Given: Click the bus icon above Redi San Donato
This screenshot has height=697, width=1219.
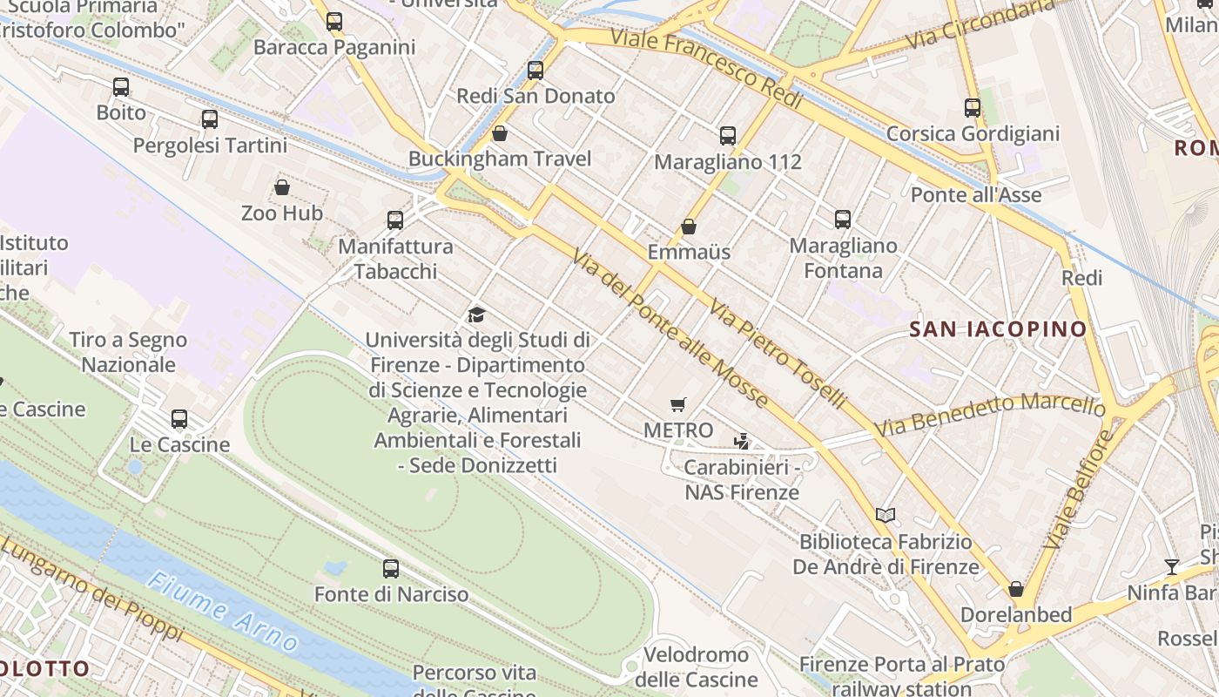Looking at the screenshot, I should click(x=535, y=71).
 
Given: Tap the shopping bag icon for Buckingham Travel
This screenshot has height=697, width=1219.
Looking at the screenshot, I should click(x=500, y=133).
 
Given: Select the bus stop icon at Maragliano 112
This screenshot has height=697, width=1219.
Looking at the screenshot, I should click(x=728, y=136).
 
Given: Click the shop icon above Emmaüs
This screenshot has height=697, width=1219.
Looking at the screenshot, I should click(x=689, y=227).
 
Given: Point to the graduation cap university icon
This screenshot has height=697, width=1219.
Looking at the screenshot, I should click(x=476, y=315).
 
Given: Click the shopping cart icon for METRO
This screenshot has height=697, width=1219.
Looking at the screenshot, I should click(x=678, y=404).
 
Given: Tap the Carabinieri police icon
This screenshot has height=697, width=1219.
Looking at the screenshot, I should click(x=742, y=441).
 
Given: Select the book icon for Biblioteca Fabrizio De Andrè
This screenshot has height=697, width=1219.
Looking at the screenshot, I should click(x=886, y=516).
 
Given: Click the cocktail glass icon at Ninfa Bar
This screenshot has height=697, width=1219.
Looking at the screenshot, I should click(x=1172, y=567).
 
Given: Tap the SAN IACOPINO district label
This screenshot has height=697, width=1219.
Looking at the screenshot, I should click(x=999, y=329).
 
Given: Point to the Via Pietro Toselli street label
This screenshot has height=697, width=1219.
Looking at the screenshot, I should click(x=778, y=354).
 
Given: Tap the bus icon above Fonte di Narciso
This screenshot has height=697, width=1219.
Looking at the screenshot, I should click(x=391, y=569).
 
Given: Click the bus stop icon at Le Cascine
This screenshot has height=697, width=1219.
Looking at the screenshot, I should click(x=179, y=419).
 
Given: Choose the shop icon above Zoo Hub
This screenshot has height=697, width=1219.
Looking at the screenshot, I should click(x=282, y=187).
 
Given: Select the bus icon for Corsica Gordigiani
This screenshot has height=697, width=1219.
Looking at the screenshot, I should click(x=973, y=108).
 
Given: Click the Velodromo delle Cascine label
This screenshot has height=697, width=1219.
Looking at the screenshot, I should click(x=696, y=667).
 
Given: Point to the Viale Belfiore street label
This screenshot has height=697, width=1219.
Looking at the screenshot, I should click(x=1078, y=488).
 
